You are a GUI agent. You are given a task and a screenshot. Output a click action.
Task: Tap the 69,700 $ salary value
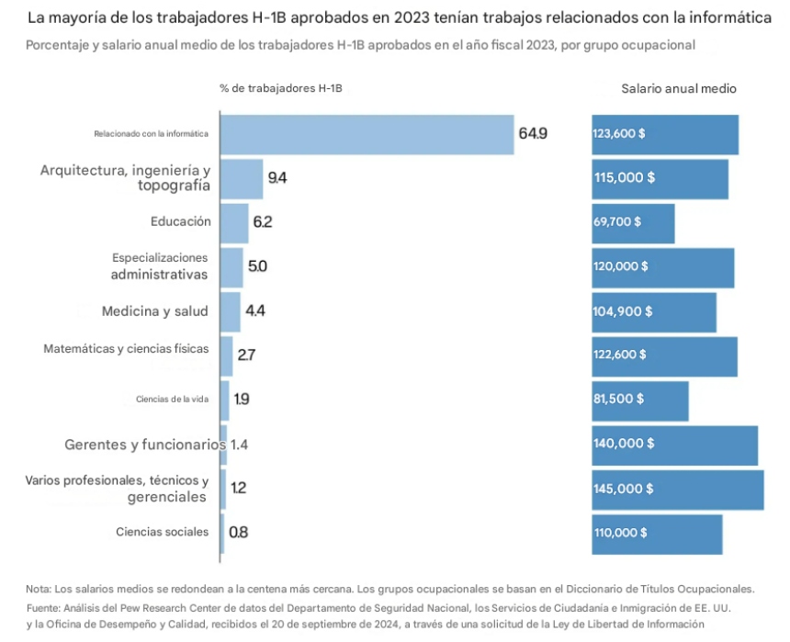coord(617,222)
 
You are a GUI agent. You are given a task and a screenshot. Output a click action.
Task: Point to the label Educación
coord(181,221)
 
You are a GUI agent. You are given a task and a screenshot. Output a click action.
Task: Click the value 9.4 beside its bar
coord(277,178)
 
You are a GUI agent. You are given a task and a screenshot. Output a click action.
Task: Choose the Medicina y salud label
coord(155,311)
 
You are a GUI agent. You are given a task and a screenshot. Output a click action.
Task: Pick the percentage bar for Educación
coord(234,223)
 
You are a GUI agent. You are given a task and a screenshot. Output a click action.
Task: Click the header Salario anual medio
coord(679,89)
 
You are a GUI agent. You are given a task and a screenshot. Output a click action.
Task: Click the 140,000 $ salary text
coord(624,443)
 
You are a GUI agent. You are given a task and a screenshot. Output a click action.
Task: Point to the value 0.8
coord(238,532)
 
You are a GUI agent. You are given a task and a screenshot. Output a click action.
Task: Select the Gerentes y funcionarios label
coord(144,445)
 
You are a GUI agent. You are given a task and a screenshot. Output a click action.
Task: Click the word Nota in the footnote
coord(39,589)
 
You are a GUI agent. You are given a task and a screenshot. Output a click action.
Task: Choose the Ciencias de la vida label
coord(172,400)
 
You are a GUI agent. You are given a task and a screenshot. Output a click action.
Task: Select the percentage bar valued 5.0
coord(231,267)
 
